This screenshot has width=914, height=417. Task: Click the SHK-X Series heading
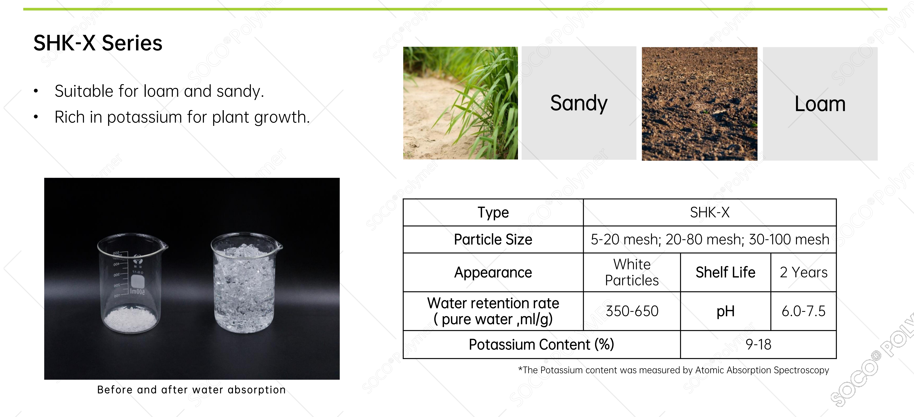coord(98,43)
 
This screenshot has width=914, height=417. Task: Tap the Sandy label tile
coord(579,103)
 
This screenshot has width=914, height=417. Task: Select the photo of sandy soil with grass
coord(460,103)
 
